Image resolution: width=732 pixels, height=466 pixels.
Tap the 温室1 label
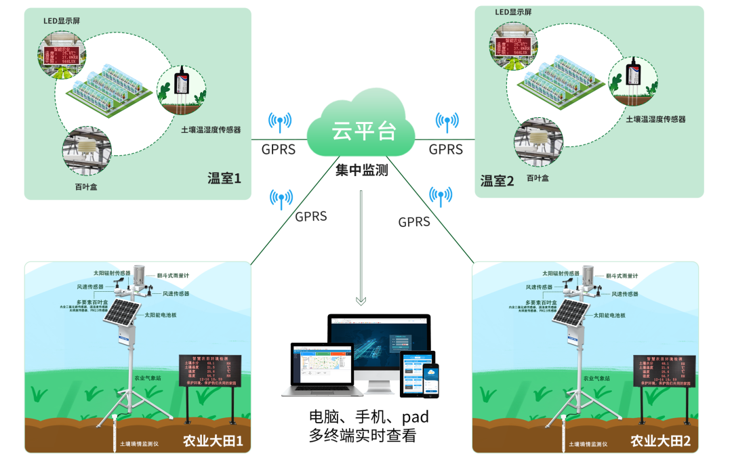(224, 179)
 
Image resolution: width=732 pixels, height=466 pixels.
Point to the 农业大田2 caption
(660, 441)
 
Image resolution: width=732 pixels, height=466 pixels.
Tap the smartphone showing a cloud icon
(430, 380)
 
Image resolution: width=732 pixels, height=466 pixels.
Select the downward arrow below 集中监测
(361, 299)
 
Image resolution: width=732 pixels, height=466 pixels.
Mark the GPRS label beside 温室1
(278, 149)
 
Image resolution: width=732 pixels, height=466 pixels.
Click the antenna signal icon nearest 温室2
(447, 122)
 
